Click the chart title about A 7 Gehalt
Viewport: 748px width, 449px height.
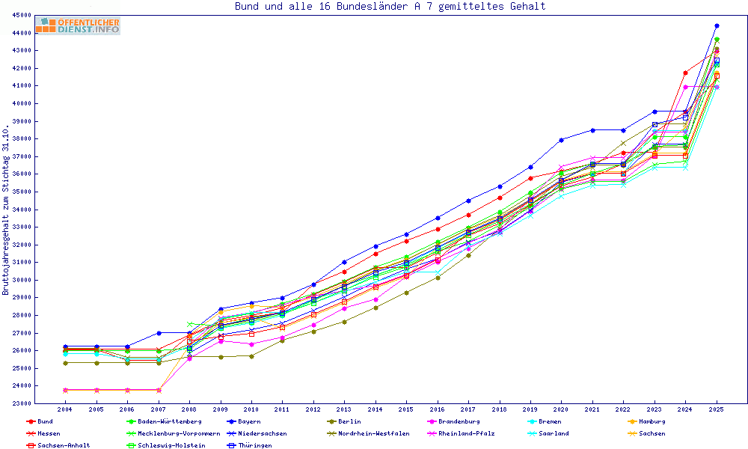[390, 7]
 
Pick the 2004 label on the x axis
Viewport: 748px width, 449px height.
[65, 410]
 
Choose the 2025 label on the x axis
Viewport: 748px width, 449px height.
[717, 410]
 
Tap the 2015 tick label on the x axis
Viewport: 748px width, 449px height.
[406, 410]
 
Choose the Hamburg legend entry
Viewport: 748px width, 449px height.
[652, 421]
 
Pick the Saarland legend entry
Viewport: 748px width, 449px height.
[554, 433]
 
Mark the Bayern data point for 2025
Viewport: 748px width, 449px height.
[717, 26]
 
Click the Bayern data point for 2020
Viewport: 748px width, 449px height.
[561, 140]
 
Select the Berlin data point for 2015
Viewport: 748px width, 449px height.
[406, 293]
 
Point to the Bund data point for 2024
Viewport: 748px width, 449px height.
[685, 73]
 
